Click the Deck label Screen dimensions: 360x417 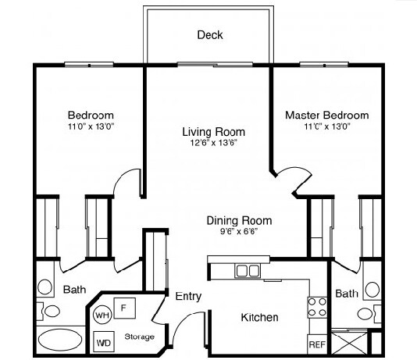(209, 34)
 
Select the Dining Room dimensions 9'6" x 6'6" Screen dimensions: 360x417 (239, 232)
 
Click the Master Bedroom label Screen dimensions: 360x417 (326, 115)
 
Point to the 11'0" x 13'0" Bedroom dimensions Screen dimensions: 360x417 (91, 126)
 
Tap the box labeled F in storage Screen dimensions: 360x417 (123, 308)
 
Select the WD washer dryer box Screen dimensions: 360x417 (103, 342)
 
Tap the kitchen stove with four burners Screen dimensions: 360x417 (317, 307)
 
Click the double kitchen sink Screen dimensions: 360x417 (248, 271)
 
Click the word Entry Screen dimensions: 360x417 (188, 297)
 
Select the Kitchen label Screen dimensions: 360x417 (259, 318)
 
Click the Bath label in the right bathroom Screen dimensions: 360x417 (346, 294)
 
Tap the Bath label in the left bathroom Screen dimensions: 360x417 (74, 290)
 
